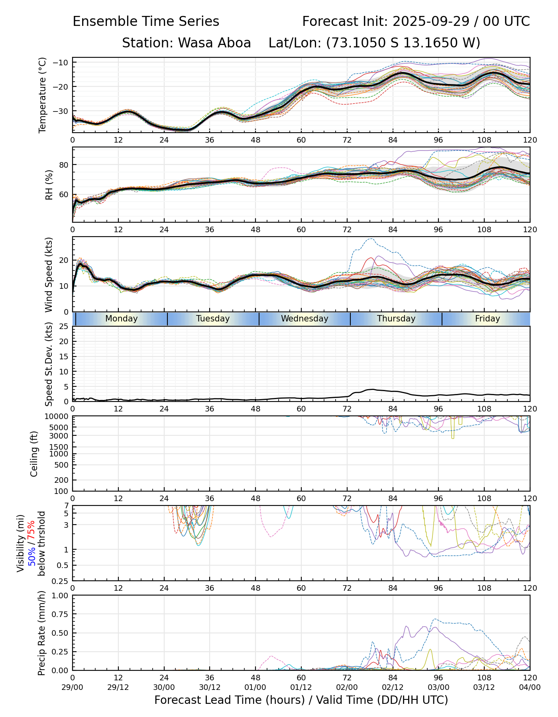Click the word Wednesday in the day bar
click(305, 319)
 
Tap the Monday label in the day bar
click(122, 319)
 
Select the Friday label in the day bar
click(487, 319)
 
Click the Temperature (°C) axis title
click(43, 95)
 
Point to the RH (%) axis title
click(49, 185)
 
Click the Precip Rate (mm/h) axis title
click(41, 633)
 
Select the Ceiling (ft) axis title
click(34, 454)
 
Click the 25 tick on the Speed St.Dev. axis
click(64, 327)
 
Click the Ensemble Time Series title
click(146, 22)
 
